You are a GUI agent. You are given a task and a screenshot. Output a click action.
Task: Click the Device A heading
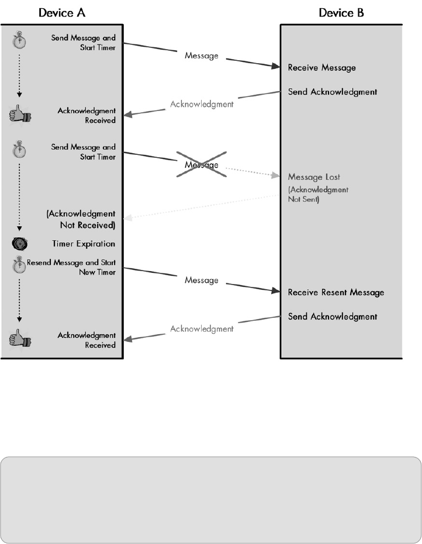coord(63,13)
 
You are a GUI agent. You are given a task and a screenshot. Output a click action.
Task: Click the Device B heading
coord(341,13)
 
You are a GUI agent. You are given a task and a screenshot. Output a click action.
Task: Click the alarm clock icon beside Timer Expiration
coord(19,244)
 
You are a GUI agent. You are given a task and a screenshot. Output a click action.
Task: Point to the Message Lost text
coord(314,177)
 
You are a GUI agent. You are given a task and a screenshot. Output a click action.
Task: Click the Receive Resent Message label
coord(336,292)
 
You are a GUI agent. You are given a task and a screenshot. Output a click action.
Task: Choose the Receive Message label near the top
coord(321,68)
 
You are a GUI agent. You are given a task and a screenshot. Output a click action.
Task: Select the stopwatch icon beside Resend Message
coord(19,266)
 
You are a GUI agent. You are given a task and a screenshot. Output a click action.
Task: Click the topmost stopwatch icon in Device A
coord(19,41)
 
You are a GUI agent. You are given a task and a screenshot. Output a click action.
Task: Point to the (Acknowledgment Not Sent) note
coord(318,194)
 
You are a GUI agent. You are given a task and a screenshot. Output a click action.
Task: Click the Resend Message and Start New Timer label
coord(71,267)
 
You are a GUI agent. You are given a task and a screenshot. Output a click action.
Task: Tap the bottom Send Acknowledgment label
coord(333,317)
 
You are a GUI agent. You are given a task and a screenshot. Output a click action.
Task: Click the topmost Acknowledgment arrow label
coord(202,105)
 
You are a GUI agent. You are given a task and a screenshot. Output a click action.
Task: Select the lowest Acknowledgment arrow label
coord(202,329)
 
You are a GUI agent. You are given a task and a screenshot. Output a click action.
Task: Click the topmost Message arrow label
coord(202,57)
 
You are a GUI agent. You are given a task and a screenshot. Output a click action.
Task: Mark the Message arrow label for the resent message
coord(202,280)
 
